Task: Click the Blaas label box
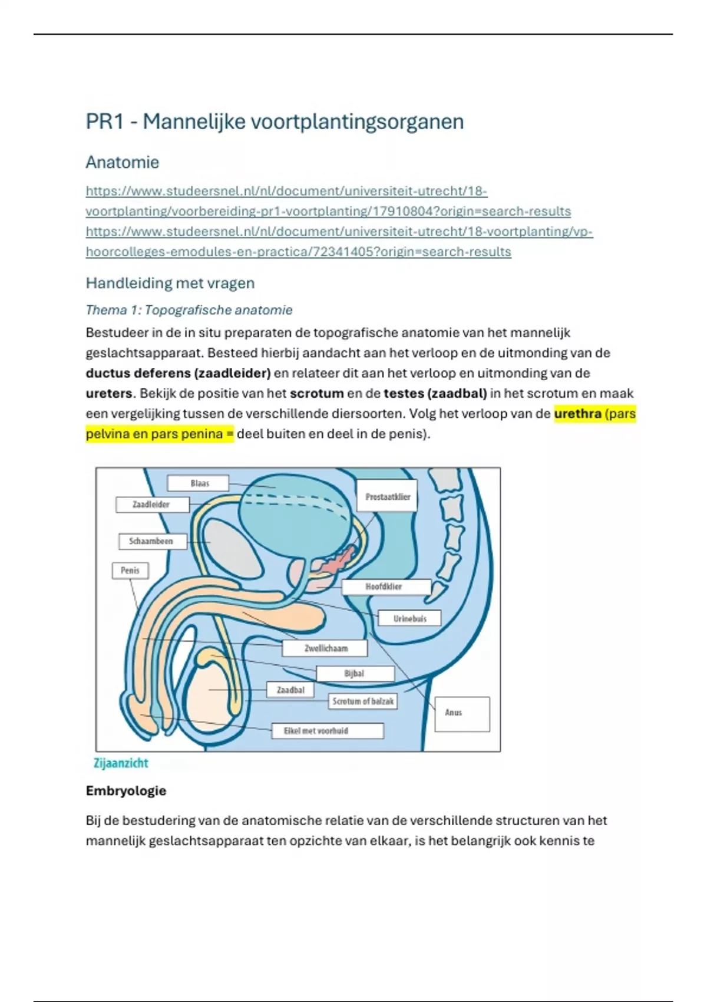point(199,483)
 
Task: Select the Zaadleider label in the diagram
point(152,505)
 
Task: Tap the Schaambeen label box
point(151,541)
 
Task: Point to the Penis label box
point(130,571)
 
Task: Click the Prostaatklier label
point(387,496)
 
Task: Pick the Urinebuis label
point(409,618)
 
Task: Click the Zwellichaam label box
point(325,648)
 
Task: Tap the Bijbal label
point(355,673)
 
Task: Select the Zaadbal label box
point(290,690)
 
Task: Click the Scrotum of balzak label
point(362,701)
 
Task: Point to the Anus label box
point(462,713)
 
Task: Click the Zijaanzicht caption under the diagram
point(121,763)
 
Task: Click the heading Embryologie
point(126,791)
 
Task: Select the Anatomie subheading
point(123,162)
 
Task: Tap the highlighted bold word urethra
point(577,414)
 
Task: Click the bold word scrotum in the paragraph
point(316,393)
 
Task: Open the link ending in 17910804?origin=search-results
point(328,211)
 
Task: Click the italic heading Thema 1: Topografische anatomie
point(189,310)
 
